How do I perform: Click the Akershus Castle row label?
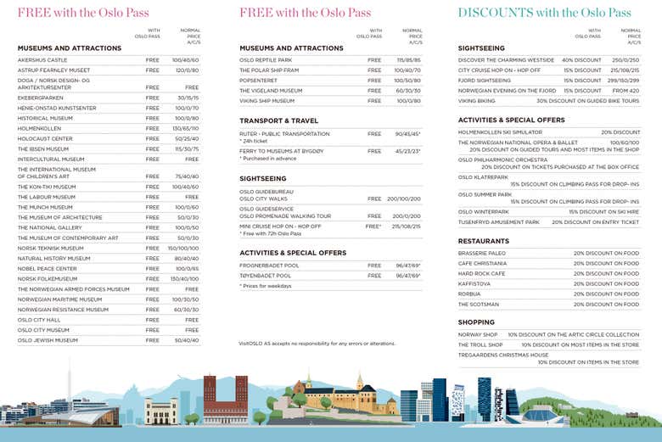tap(42, 60)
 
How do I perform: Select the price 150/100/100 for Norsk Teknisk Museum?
tap(183, 249)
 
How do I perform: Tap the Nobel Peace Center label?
tap(48, 269)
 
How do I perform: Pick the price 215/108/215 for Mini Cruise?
tap(407, 227)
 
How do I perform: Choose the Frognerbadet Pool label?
tap(269, 266)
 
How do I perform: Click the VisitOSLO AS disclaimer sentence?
tap(317, 344)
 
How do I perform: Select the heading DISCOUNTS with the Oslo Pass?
tap(544, 13)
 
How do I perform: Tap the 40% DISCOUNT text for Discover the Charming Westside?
tap(581, 60)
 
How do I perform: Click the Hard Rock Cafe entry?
tap(481, 273)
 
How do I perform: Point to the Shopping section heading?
tap(476, 322)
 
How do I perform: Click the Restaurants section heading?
tap(484, 241)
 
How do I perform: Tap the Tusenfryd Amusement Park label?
tap(499, 222)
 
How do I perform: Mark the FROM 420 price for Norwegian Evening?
tap(626, 90)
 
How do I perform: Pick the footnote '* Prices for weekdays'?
tap(265, 286)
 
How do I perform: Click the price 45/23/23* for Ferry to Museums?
tap(407, 151)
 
